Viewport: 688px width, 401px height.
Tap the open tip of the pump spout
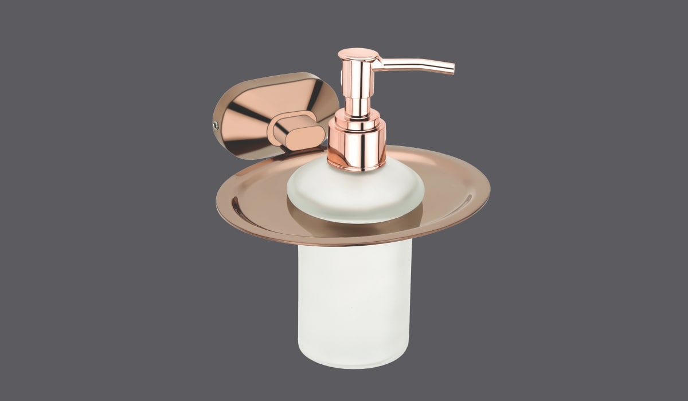click(x=452, y=70)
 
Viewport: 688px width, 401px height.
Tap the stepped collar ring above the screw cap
click(x=357, y=122)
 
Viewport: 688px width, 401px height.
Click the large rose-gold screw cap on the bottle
click(x=356, y=148)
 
